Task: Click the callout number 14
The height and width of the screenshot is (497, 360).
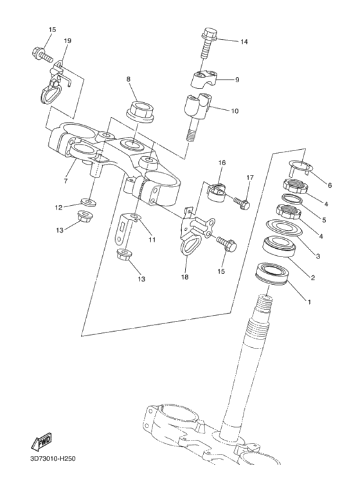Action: click(244, 42)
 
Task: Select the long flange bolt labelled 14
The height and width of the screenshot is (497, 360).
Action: click(210, 44)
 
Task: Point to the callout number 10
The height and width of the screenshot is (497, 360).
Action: click(235, 111)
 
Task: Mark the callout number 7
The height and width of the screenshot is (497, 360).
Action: click(66, 182)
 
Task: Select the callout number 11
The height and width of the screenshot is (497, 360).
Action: click(152, 240)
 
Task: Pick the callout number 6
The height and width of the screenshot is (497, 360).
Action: click(330, 185)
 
